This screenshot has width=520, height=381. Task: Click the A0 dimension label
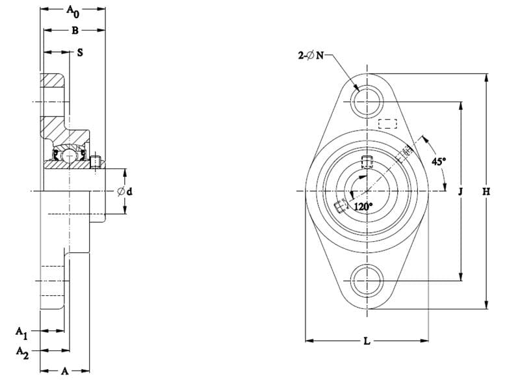pyautogui.click(x=73, y=11)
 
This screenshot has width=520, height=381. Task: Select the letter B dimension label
pyautogui.click(x=75, y=31)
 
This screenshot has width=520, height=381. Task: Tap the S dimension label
pyautogui.click(x=80, y=53)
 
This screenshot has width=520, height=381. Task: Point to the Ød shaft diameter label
pyautogui.click(x=125, y=191)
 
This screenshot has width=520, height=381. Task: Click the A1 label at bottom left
pyautogui.click(x=21, y=333)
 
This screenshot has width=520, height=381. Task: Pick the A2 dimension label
pyautogui.click(x=22, y=353)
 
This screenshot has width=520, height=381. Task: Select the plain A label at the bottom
pyautogui.click(x=64, y=371)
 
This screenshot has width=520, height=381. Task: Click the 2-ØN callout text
pyautogui.click(x=311, y=55)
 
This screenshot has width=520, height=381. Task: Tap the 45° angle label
pyautogui.click(x=439, y=161)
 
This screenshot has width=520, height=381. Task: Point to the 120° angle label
pyautogui.click(x=363, y=207)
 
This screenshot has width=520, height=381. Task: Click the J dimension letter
pyautogui.click(x=460, y=191)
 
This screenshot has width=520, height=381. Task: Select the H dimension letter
pyautogui.click(x=486, y=191)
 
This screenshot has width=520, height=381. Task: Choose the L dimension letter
pyautogui.click(x=367, y=341)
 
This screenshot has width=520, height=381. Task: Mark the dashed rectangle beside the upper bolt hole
pyautogui.click(x=388, y=124)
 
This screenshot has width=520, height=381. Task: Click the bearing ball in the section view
pyautogui.click(x=70, y=154)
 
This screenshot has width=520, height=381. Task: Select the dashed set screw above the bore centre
pyautogui.click(x=367, y=161)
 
